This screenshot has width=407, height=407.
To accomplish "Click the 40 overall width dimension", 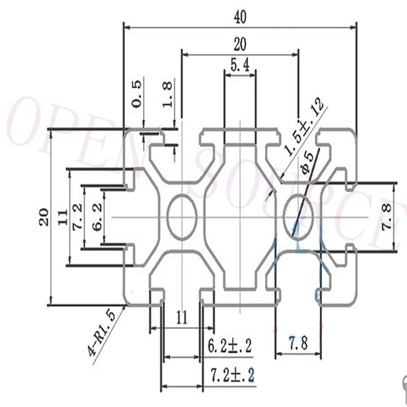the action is [240, 17].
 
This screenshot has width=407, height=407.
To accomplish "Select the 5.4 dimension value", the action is [240, 65].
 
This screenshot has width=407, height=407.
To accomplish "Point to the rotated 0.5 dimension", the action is [137, 94].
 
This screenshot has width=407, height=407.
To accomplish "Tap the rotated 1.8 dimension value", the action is [167, 94].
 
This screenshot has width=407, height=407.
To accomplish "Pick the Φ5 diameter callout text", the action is [307, 162].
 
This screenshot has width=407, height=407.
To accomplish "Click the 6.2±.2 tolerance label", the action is [230, 346].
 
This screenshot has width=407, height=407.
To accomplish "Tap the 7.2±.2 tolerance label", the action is [232, 375].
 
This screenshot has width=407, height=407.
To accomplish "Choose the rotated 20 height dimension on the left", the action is [44, 217].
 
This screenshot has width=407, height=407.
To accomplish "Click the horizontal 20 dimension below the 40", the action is [240, 44].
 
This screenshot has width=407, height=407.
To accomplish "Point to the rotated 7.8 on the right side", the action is [387, 217].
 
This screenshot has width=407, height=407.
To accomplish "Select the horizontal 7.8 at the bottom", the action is [298, 343].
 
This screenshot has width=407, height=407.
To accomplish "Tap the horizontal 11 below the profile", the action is [181, 317].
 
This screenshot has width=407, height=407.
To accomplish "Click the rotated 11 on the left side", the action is [63, 217].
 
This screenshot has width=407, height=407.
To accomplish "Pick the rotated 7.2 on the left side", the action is [77, 217].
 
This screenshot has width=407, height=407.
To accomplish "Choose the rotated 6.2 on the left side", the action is [98, 217].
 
